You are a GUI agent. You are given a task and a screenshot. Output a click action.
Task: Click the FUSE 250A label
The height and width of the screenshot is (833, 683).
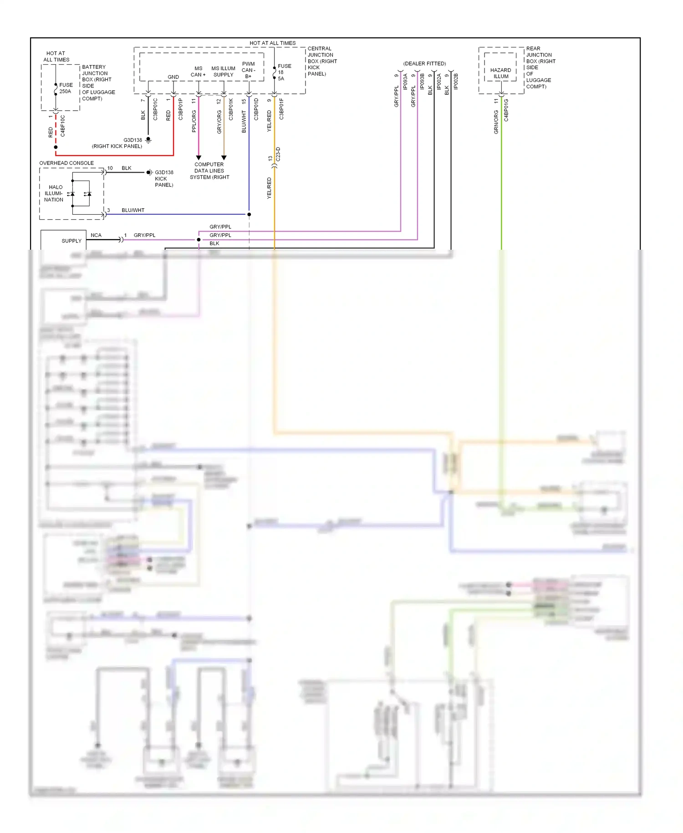point(66,88)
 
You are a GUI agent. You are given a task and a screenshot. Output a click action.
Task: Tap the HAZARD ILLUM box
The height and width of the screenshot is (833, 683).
point(500,73)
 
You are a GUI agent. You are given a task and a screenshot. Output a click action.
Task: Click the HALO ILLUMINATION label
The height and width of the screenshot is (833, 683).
point(54,193)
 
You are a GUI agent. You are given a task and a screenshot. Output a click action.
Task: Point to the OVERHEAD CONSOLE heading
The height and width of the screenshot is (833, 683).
point(66,163)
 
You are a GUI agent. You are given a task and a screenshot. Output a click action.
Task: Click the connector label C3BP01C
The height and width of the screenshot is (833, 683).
point(155,109)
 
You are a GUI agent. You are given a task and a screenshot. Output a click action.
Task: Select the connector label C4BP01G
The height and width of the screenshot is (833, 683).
point(506,110)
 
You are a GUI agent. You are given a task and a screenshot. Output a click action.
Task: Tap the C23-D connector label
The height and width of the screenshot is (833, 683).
point(278,154)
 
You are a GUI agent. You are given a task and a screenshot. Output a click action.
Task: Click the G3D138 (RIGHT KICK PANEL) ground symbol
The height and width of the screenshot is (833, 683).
point(148,140)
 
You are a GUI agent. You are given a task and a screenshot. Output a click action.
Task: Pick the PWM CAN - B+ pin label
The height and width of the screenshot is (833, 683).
point(248,70)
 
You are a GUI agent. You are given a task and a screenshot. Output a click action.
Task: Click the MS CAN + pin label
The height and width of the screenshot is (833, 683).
point(198,72)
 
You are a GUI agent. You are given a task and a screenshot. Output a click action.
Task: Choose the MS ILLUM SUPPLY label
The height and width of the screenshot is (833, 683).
point(223,72)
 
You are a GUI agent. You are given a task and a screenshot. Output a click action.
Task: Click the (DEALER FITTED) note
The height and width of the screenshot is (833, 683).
point(424,63)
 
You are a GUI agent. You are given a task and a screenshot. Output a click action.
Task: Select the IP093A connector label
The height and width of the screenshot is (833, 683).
point(405,81)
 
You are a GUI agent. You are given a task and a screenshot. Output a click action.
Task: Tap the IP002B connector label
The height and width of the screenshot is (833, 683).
point(456,81)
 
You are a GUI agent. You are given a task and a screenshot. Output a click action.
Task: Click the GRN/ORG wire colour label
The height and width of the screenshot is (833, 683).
point(496,122)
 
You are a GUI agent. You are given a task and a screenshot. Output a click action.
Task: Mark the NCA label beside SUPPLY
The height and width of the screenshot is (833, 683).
point(96,235)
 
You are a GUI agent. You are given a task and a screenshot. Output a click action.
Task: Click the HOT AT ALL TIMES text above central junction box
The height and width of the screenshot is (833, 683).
point(272,43)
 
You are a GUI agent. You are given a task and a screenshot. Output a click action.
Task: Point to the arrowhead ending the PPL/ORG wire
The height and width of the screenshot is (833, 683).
point(199,158)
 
